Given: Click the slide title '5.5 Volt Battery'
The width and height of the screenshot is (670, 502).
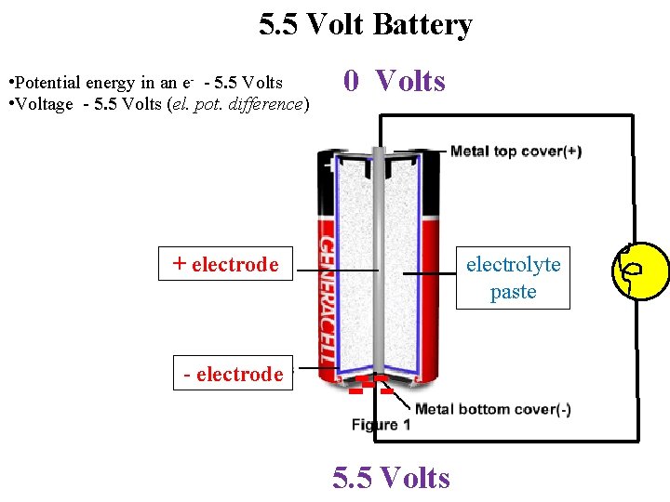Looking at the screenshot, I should (365, 25).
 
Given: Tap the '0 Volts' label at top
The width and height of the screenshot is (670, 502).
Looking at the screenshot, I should (395, 82).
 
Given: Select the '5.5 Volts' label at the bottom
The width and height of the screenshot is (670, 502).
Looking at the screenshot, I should (391, 478).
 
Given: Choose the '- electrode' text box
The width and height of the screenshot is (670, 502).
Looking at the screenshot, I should (233, 374).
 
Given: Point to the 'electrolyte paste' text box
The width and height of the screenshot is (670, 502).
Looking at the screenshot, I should (513, 278).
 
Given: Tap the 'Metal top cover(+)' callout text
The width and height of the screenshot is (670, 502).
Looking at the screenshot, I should (516, 152).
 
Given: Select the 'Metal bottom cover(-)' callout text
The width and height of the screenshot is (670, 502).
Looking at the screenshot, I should (493, 409).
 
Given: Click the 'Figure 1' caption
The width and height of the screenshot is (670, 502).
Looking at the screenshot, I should (381, 425).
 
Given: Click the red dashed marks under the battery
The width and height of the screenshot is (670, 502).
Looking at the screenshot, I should (368, 386).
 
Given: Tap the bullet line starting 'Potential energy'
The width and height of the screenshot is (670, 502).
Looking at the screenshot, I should (145, 83).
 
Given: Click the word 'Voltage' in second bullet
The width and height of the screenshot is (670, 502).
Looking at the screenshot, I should (43, 104).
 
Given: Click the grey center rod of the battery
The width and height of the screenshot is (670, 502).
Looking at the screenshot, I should (378, 260).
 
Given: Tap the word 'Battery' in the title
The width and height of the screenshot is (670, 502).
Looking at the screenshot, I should (422, 25).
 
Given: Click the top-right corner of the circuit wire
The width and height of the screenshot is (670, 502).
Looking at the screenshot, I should (637, 116).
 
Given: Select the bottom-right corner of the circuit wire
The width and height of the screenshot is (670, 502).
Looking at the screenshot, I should (637, 439).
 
